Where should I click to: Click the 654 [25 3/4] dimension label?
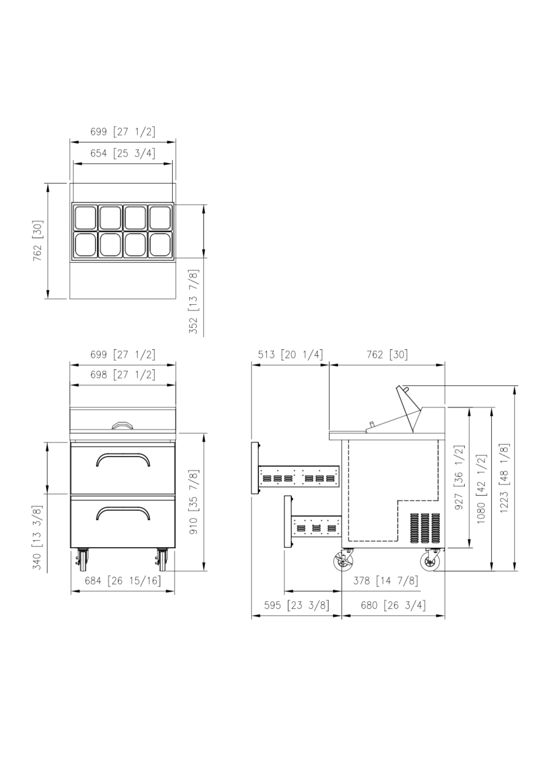tap(123, 153)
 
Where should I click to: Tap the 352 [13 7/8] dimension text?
tap(193, 302)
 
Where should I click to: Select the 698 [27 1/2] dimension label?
tap(123, 375)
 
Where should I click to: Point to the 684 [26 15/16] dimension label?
tap(123, 581)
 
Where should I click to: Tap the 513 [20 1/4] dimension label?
tap(291, 354)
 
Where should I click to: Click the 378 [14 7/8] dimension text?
tap(386, 581)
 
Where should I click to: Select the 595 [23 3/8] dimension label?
tap(297, 605)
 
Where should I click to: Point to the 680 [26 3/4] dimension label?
tap(393, 605)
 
